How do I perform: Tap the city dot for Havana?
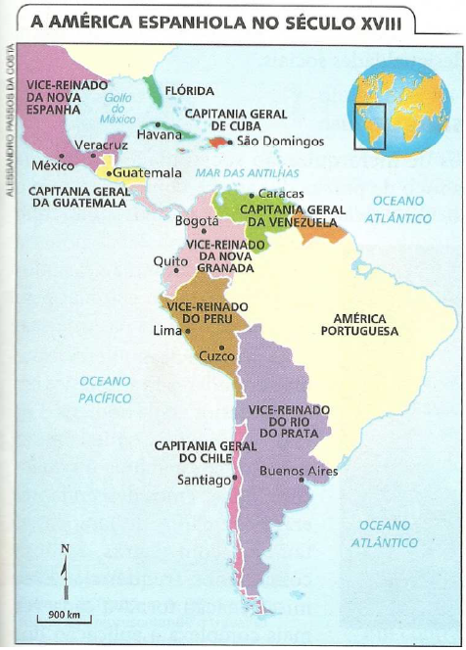point(158,124)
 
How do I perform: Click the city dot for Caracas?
point(251,196)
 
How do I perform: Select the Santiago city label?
point(203,481)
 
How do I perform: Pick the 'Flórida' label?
point(189,90)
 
